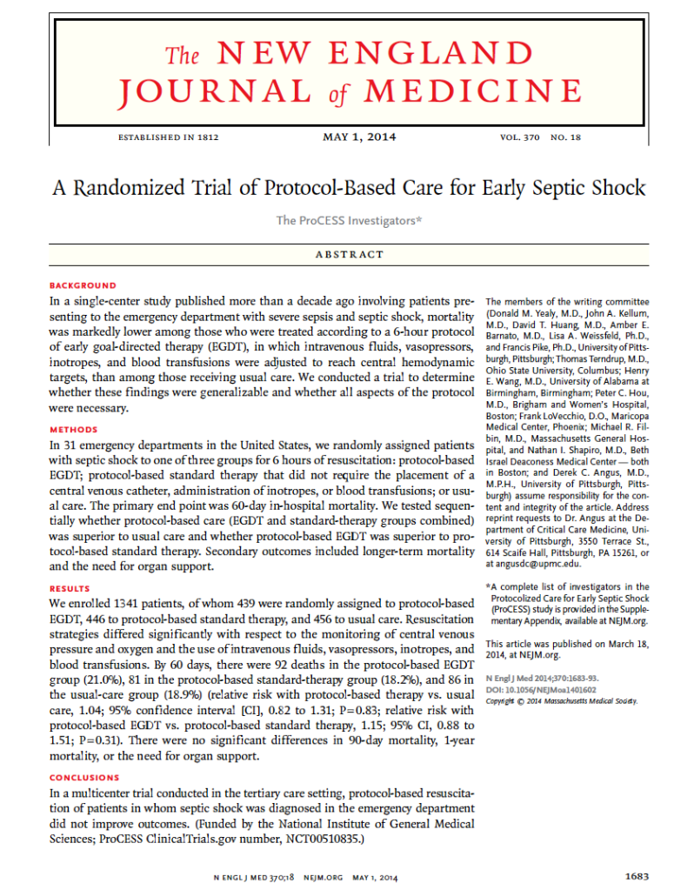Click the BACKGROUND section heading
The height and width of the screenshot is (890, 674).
tap(83, 285)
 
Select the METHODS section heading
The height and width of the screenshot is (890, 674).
tap(74, 430)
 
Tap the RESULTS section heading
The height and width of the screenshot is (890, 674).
tap(70, 589)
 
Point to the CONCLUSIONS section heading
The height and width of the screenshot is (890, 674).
tap(84, 778)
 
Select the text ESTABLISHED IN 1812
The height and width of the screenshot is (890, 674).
tap(166, 137)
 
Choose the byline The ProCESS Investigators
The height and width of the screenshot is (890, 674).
tap(348, 221)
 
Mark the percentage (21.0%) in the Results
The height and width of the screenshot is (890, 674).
tap(107, 678)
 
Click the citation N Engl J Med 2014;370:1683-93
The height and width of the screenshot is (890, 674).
tap(542, 677)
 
